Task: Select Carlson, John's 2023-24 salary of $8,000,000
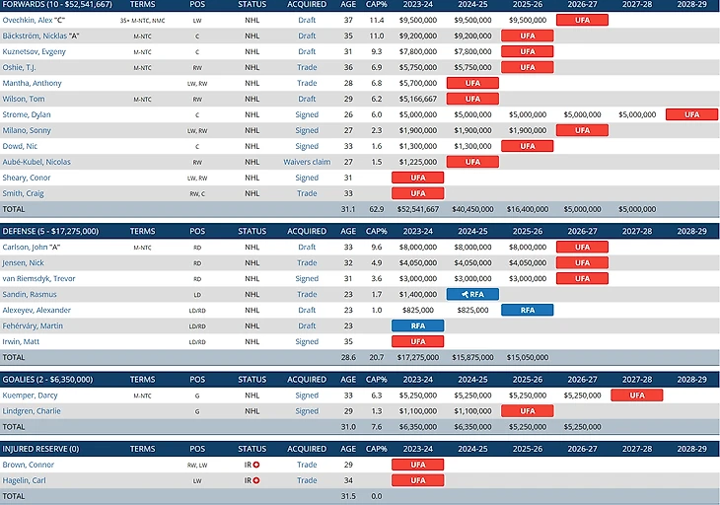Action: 417,247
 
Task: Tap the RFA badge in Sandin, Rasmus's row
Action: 472,294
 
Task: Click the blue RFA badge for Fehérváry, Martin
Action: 417,325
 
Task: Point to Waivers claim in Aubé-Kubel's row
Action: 307,162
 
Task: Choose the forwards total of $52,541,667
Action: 417,209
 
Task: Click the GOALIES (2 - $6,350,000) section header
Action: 52,379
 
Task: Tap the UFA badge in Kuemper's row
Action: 636,395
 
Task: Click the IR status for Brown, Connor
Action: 252,464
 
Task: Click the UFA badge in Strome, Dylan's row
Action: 691,114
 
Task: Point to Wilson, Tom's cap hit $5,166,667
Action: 417,99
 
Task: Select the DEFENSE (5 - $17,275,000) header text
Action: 54,231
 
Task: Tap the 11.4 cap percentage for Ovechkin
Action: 376,20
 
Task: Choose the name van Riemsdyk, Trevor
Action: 45,278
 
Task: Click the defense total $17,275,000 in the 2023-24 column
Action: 417,357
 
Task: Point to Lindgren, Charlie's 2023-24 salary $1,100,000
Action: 417,410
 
